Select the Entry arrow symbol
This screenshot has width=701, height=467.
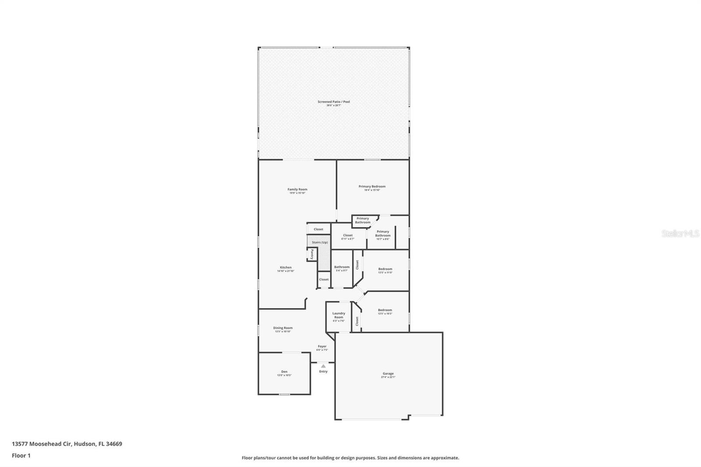(x=323, y=366)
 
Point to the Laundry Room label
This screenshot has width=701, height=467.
(x=339, y=315)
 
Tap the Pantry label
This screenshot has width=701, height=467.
(x=312, y=254)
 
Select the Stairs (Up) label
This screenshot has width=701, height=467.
(x=320, y=242)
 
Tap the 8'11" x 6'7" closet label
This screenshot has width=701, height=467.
(x=348, y=237)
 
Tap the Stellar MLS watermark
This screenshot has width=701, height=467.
(x=680, y=234)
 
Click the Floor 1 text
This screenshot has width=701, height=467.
(x=21, y=456)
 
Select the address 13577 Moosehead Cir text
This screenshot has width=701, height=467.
(x=67, y=444)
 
